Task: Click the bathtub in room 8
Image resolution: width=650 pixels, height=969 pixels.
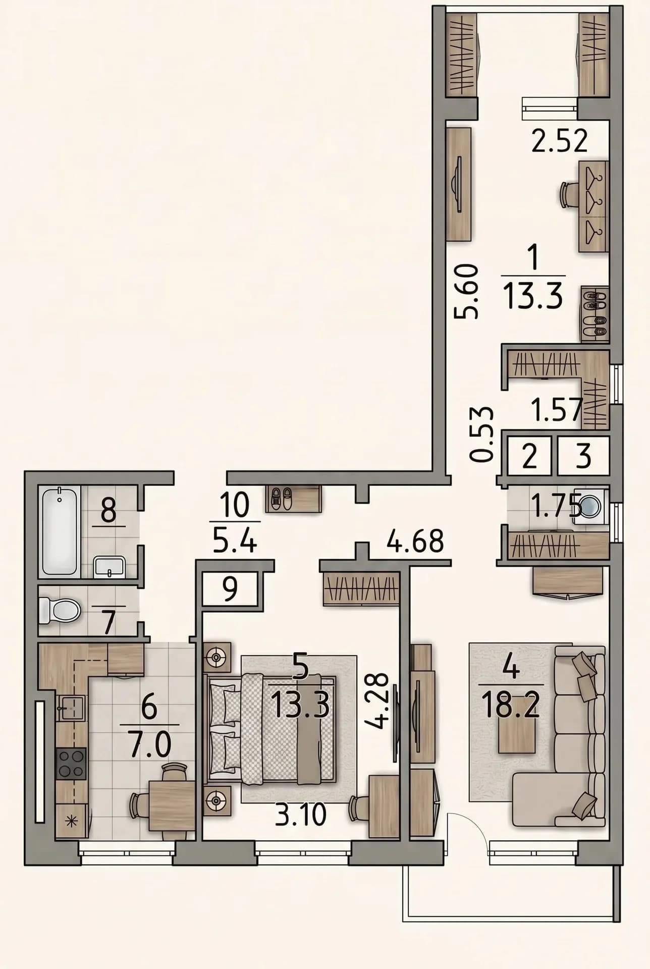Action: pyautogui.click(x=60, y=531)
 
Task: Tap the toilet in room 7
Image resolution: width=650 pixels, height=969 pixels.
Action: pyautogui.click(x=60, y=610)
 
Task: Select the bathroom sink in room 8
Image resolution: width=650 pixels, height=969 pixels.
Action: pyautogui.click(x=110, y=567)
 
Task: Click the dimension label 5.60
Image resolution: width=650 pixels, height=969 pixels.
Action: pyautogui.click(x=466, y=291)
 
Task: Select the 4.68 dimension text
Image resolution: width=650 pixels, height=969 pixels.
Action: pyautogui.click(x=415, y=541)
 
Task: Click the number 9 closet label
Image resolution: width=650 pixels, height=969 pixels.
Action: pyautogui.click(x=230, y=589)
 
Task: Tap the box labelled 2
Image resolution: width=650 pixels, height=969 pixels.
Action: pyautogui.click(x=529, y=456)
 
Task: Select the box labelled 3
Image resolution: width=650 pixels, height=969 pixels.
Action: pyautogui.click(x=583, y=456)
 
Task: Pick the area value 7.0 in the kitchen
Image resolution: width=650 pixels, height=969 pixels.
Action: pyautogui.click(x=150, y=744)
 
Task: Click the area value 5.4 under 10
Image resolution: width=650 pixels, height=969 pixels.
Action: pyautogui.click(x=235, y=541)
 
